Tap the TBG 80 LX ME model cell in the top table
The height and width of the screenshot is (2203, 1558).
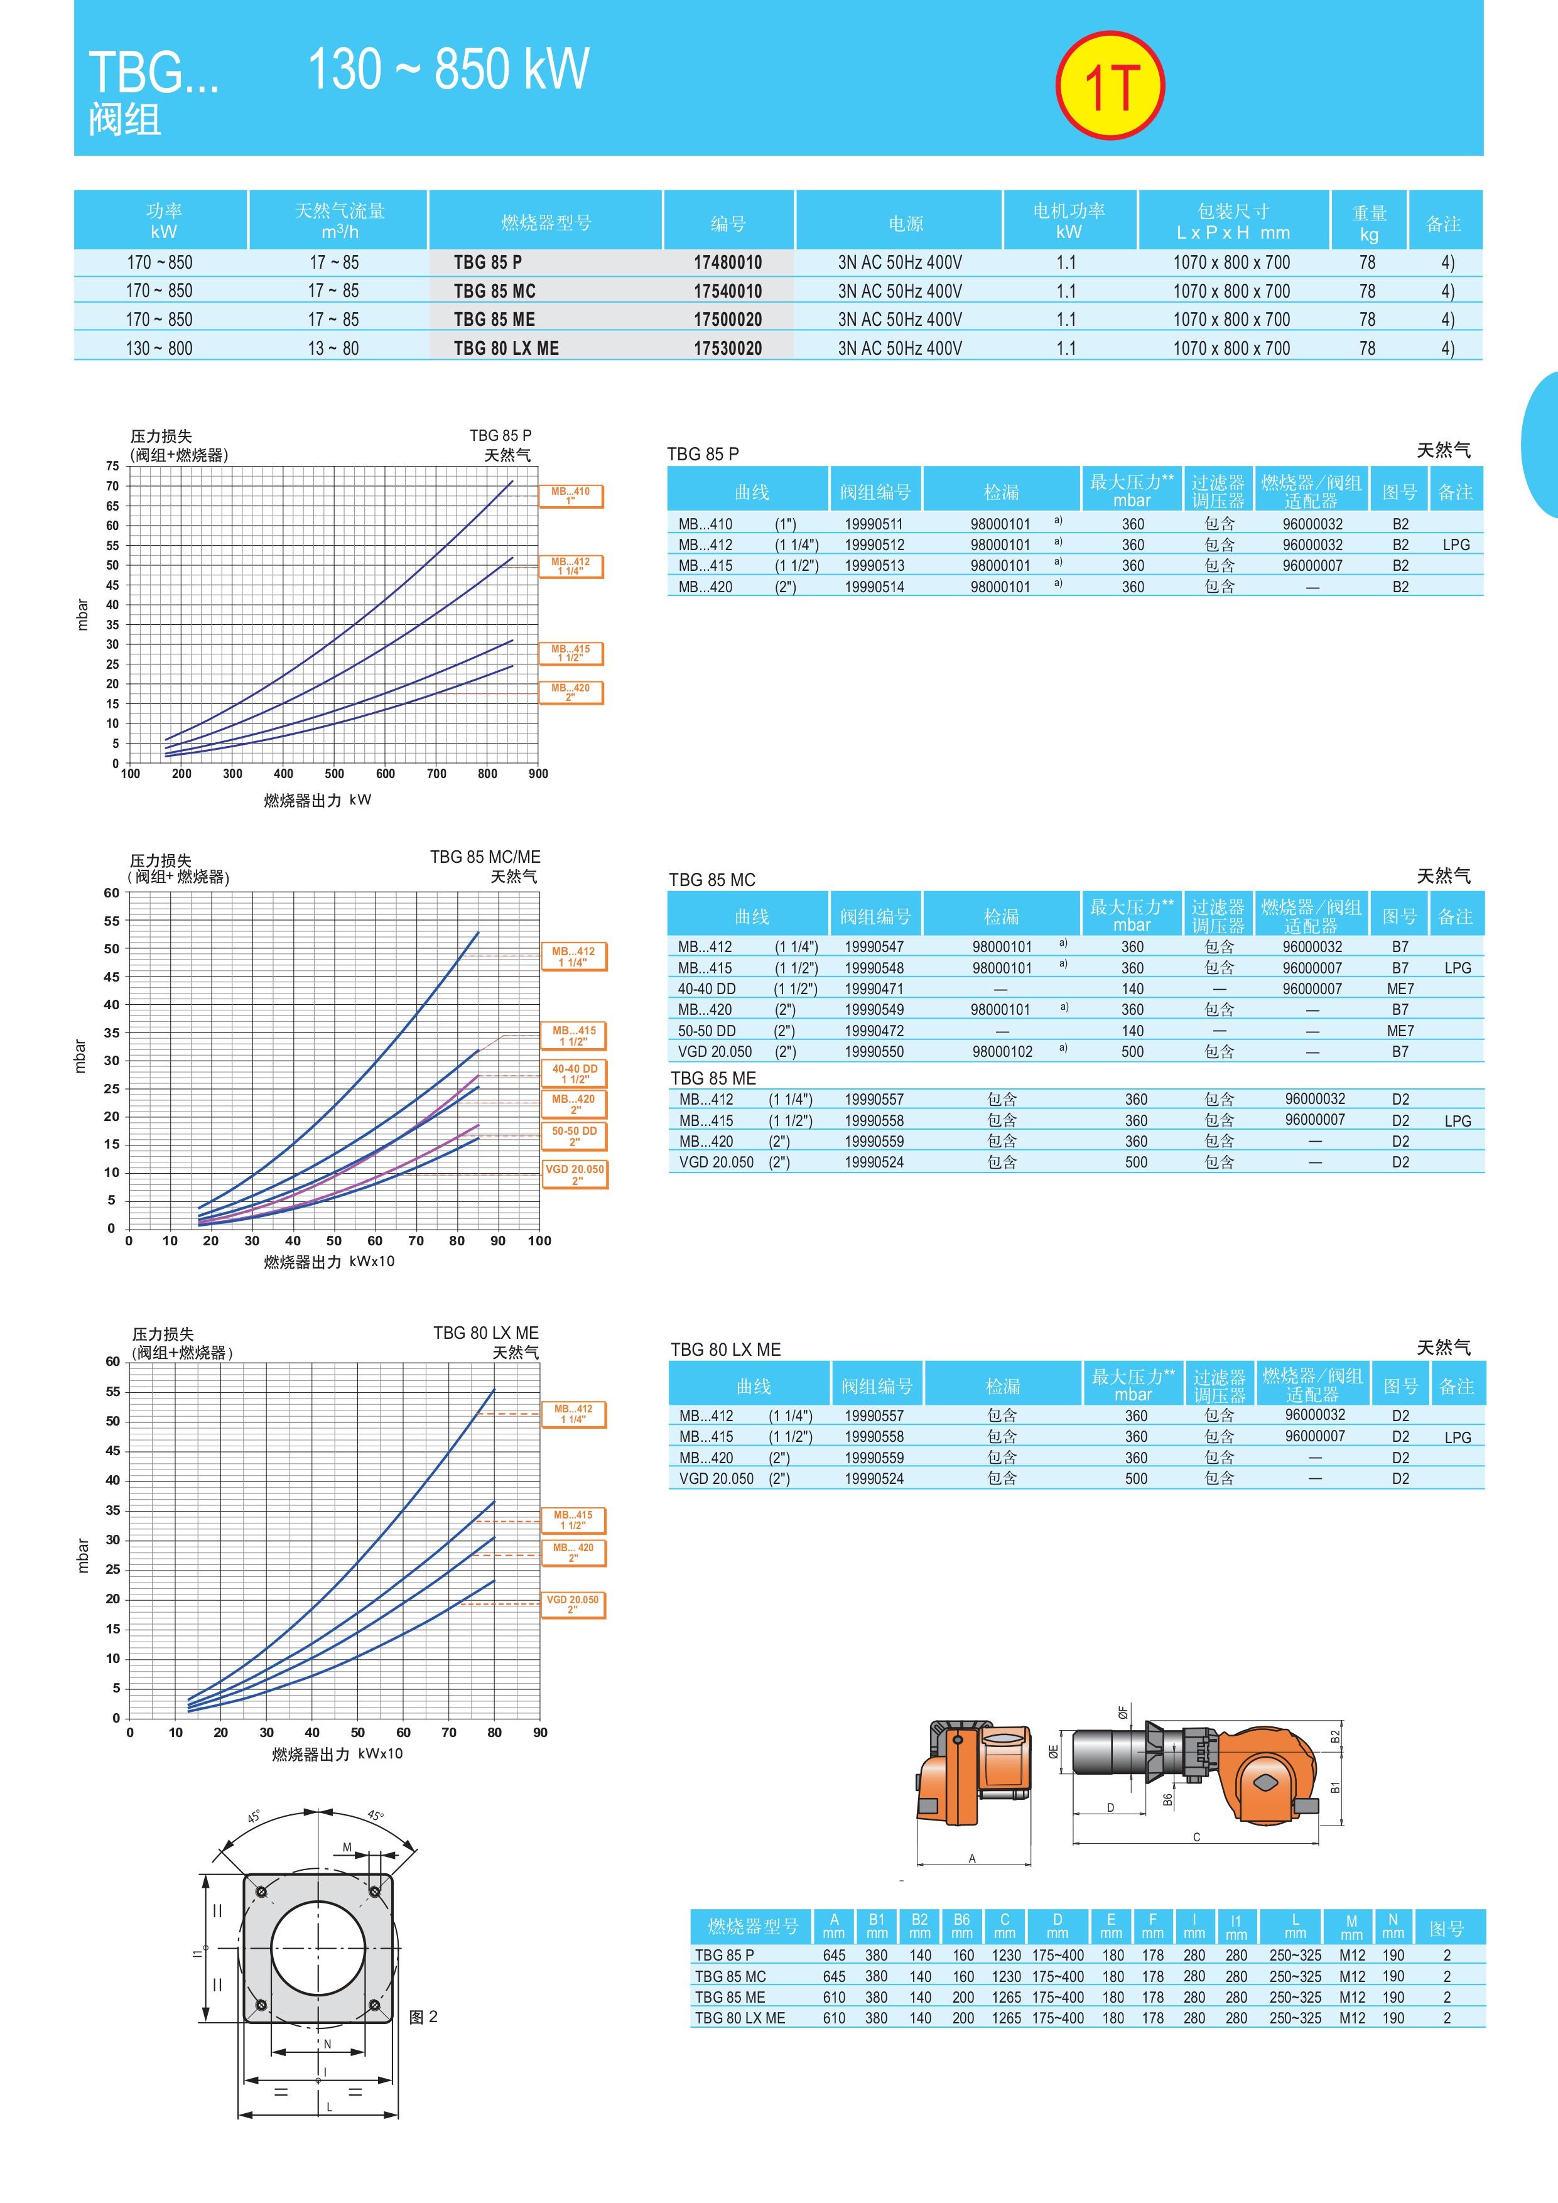click(x=507, y=349)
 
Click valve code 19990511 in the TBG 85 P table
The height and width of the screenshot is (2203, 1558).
click(x=874, y=524)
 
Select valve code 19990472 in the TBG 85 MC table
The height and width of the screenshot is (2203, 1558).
click(x=874, y=1031)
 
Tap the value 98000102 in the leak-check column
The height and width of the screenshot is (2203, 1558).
click(x=1002, y=1052)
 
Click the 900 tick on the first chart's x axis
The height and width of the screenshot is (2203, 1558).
click(x=538, y=773)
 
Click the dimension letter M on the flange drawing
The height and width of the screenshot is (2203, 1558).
click(x=347, y=1847)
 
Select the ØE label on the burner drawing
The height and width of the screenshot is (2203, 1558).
click(x=1053, y=1752)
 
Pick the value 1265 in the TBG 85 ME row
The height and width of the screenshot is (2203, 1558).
click(x=1005, y=1997)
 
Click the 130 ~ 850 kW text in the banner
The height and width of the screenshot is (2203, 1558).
click(x=448, y=69)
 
